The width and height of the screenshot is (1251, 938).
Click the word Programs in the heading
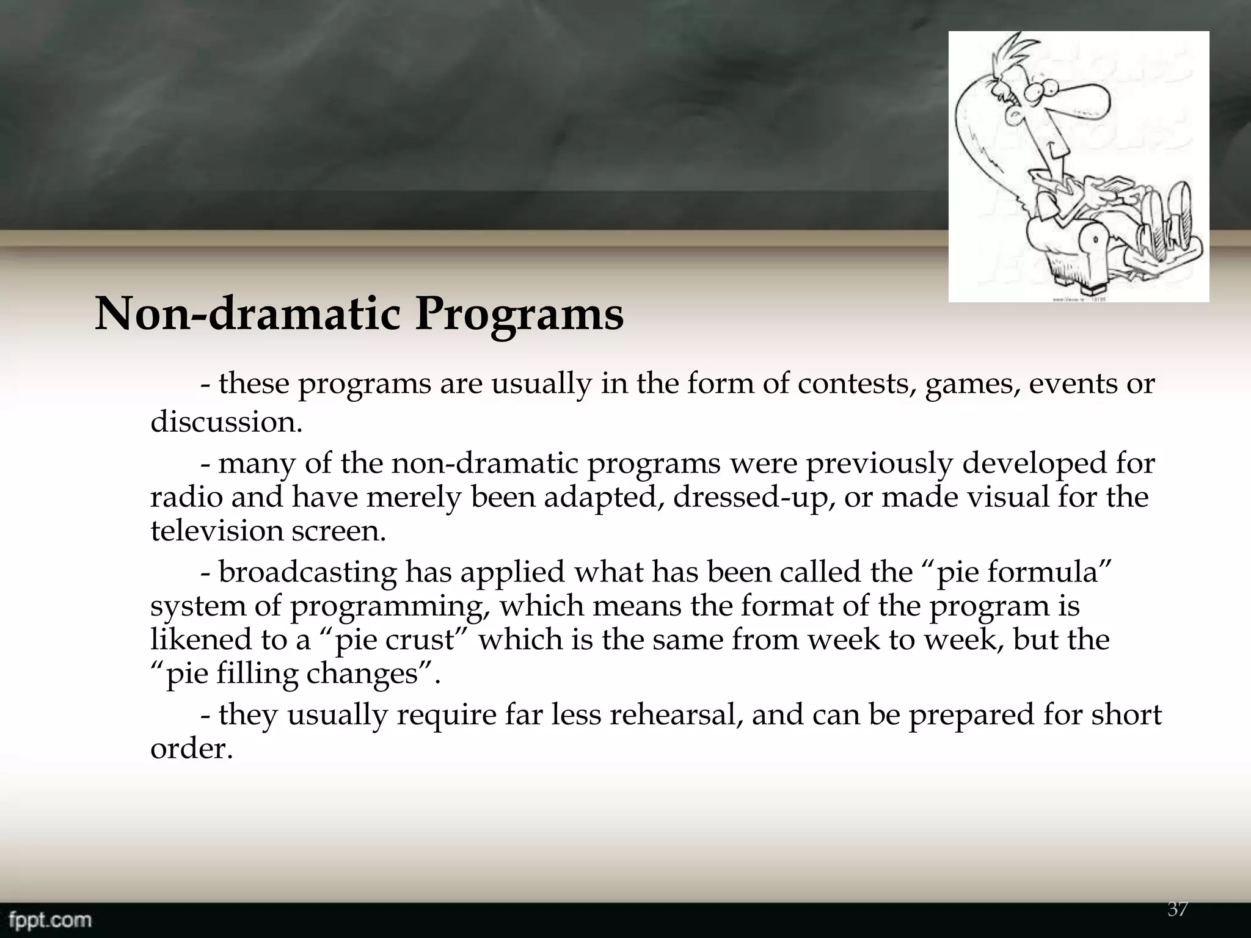(x=519, y=316)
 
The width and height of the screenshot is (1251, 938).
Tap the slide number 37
(x=1177, y=909)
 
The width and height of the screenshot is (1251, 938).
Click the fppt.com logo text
(x=46, y=919)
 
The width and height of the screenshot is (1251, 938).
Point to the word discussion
(x=226, y=422)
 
